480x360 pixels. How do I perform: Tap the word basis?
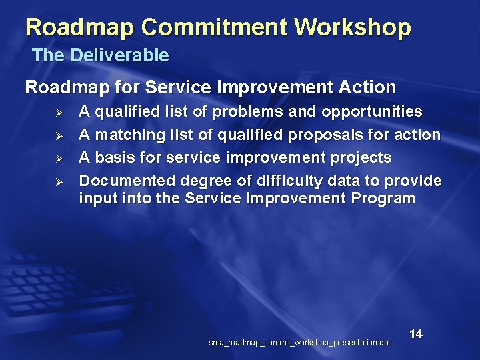point(112,158)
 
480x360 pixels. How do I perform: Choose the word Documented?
point(121,181)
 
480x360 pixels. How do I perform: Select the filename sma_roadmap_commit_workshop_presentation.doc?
point(300,343)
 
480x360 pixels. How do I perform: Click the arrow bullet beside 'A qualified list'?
point(58,112)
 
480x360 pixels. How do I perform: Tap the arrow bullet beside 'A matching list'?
point(58,135)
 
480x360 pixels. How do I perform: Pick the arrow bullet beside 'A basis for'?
point(58,159)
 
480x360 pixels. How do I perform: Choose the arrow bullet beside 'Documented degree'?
point(58,182)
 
